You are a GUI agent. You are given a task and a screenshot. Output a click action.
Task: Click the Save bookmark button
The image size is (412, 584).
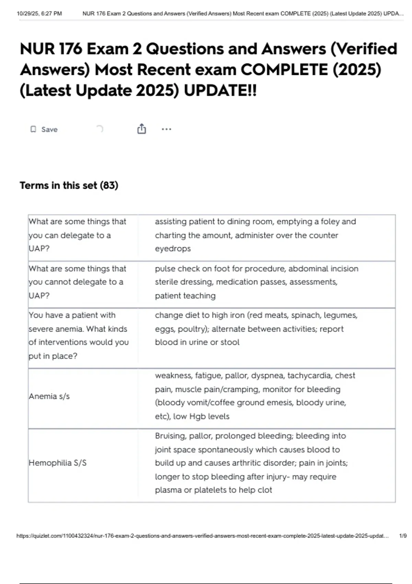44,130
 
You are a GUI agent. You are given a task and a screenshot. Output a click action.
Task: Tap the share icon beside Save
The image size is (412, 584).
141,129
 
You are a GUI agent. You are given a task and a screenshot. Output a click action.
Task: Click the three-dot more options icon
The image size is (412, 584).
166,129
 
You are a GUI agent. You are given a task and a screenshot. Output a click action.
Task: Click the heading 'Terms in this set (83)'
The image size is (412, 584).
69,186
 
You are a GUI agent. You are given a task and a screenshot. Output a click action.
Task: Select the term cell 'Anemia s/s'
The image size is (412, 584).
49,396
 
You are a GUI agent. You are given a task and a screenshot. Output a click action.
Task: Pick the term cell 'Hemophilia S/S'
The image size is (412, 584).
57,463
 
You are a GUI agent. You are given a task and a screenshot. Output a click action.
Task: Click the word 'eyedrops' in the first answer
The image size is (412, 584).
173,248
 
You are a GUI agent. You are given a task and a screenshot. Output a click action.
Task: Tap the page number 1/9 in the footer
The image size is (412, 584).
403,536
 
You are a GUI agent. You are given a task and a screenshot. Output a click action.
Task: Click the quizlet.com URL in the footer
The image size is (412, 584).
203,536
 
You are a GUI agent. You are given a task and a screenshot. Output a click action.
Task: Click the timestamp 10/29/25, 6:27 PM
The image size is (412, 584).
39,14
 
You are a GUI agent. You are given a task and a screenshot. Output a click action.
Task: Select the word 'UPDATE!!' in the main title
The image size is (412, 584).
220,91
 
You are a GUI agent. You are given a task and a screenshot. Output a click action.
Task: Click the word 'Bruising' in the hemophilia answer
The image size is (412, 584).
170,436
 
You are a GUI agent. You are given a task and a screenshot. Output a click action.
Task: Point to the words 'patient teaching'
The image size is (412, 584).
185,295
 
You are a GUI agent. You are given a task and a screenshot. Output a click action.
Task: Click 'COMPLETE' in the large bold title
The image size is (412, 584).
284,70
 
